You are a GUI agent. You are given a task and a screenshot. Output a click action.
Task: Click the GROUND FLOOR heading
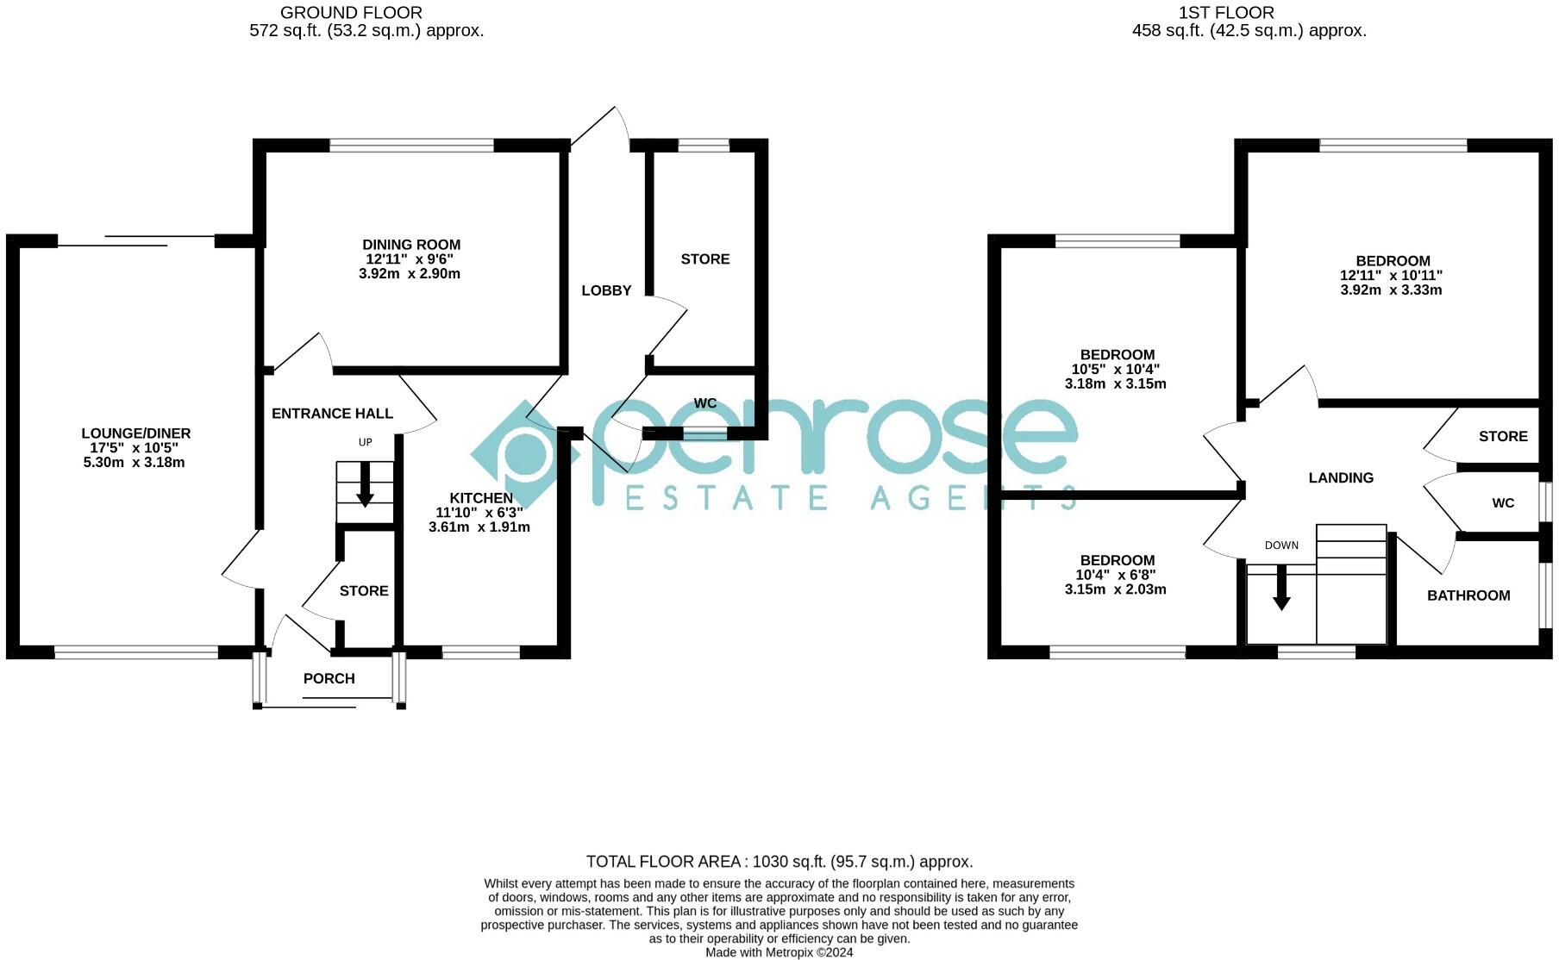coord(351,13)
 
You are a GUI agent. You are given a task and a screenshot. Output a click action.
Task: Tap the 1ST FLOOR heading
coord(1225,13)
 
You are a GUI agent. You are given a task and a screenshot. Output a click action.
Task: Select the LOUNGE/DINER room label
coord(136,433)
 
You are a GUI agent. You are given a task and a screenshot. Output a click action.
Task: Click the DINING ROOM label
coord(411,245)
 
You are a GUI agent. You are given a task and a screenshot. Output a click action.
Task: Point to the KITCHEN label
coord(480,498)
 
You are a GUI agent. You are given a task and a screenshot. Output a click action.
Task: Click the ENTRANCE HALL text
coord(332,414)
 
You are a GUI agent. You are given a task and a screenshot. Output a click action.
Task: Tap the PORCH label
coord(329,679)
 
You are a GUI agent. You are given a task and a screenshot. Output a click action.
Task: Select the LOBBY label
coord(606,290)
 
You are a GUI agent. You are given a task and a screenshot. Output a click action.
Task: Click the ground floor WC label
coord(705,403)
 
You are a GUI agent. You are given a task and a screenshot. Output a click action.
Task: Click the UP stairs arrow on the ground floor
coord(365,485)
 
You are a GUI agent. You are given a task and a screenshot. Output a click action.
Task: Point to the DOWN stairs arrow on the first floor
coord(1281,588)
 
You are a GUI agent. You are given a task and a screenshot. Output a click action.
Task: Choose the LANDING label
coord(1341,478)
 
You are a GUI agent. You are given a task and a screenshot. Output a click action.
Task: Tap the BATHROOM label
coord(1468,595)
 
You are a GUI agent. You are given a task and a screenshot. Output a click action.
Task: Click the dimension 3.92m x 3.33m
coord(1391,290)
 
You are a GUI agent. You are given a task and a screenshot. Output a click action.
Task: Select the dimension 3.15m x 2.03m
coord(1115,590)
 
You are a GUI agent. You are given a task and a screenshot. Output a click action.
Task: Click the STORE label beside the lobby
coord(704,259)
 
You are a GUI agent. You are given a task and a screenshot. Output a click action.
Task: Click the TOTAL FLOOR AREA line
coord(779,862)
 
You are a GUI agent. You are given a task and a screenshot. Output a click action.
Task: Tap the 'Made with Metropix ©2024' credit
coord(779,952)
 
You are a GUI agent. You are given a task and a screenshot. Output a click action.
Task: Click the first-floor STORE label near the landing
coord(1503,437)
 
